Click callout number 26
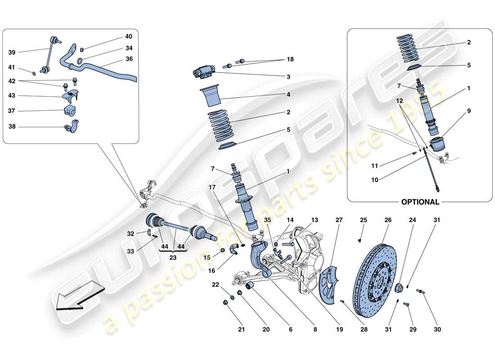point(387,220)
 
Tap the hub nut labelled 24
point(399,288)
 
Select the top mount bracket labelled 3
point(204,72)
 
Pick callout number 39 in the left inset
point(12,52)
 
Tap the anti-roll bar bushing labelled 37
point(68,111)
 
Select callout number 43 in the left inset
point(12,96)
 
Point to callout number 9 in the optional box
point(468,110)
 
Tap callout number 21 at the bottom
point(241,330)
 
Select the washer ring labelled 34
point(80,61)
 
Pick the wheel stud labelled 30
point(422,292)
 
